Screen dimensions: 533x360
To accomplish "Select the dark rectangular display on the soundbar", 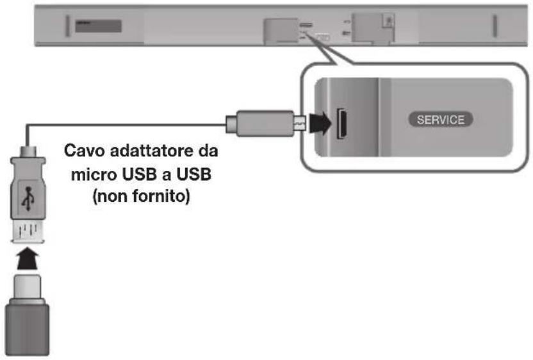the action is tap(97, 26).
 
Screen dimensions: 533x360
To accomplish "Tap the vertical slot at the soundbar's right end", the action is tap(495, 26).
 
